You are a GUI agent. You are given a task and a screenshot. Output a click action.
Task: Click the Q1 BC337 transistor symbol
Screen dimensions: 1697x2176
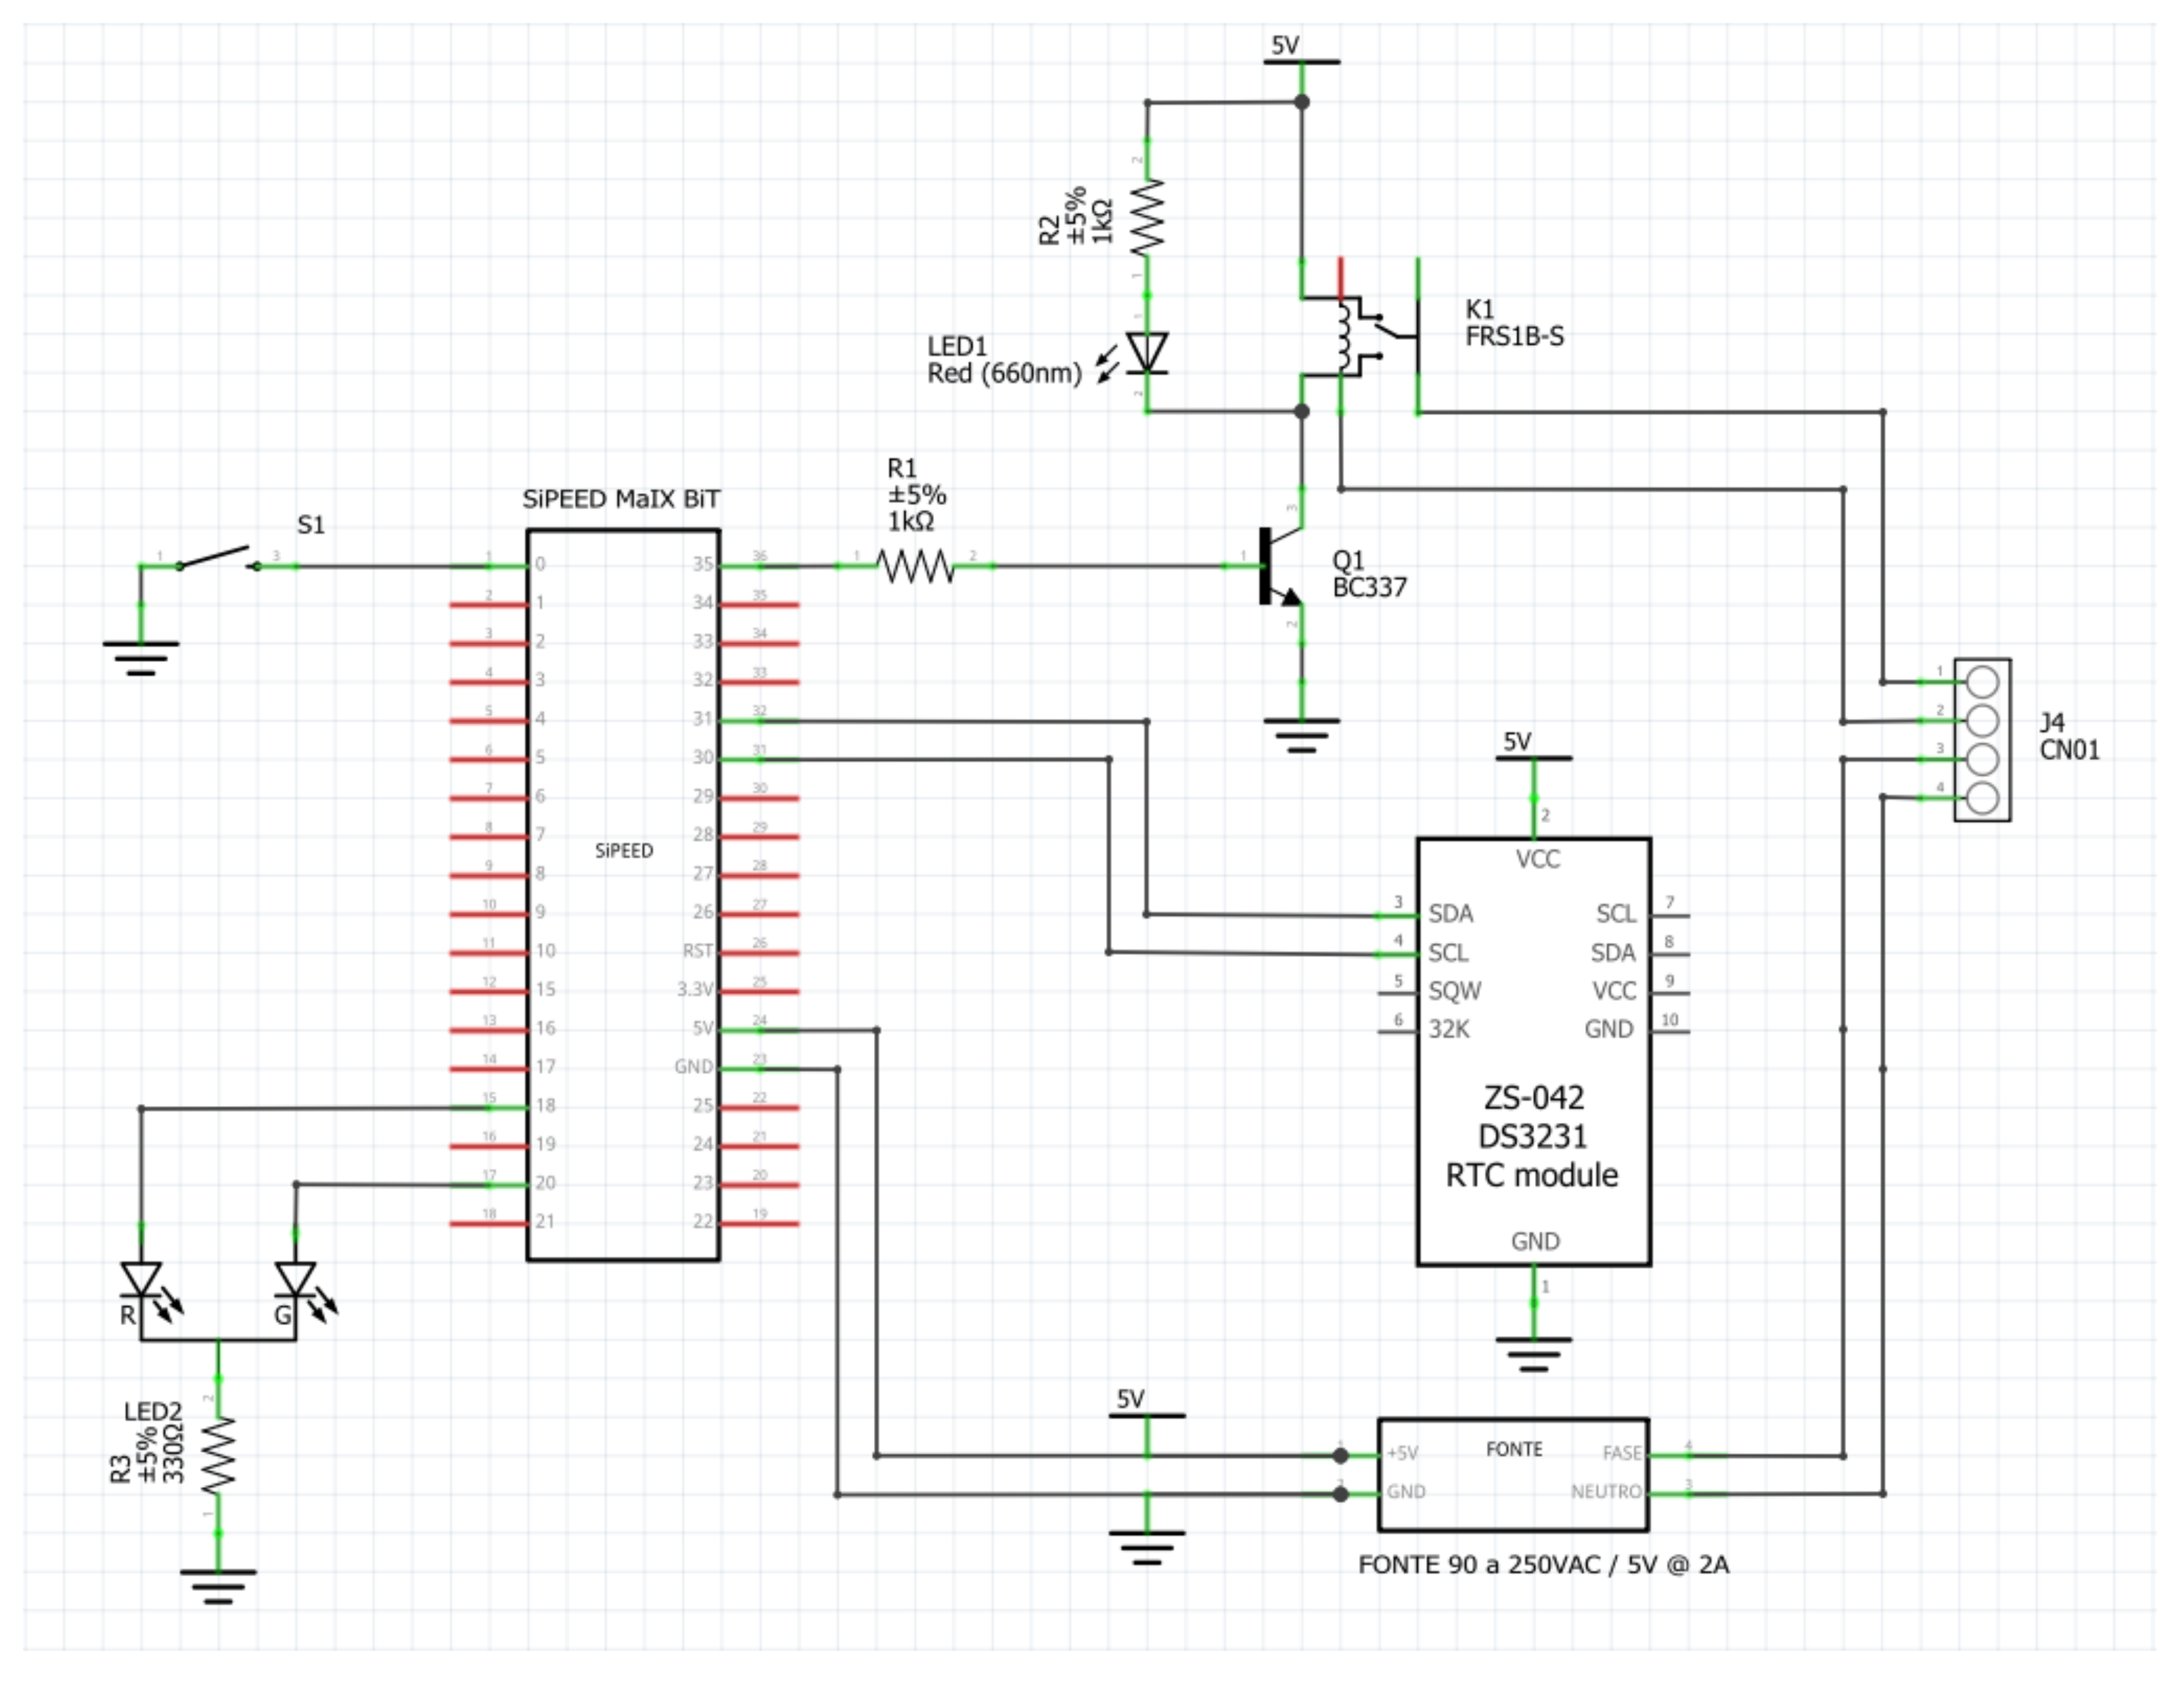point(1280,567)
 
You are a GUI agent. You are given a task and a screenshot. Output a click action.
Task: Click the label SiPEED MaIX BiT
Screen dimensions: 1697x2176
point(621,499)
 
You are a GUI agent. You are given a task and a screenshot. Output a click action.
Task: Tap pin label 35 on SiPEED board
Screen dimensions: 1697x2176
point(703,564)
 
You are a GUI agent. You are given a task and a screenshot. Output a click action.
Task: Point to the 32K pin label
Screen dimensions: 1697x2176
point(1449,1029)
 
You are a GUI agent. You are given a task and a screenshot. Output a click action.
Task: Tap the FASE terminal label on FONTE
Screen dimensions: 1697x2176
point(1621,1453)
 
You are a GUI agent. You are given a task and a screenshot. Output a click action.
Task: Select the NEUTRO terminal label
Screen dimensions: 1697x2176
point(1605,1492)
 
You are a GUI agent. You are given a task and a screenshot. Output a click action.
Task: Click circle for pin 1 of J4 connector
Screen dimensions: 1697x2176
point(1983,682)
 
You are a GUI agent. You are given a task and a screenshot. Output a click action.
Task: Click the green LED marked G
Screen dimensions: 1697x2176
point(296,1279)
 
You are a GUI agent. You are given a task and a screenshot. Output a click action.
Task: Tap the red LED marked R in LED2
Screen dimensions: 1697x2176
point(141,1279)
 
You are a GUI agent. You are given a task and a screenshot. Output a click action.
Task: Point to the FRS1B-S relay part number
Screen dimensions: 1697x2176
point(1514,337)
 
